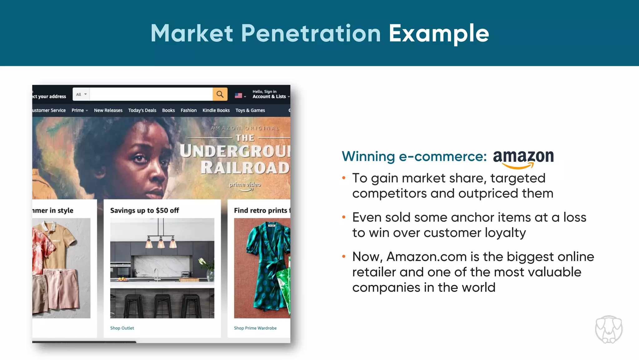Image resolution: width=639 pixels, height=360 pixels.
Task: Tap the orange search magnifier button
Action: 220,94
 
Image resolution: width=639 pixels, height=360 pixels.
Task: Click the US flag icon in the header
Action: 238,96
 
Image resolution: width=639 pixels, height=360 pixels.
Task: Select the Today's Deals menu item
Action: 142,110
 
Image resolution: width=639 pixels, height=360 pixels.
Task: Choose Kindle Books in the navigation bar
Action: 216,110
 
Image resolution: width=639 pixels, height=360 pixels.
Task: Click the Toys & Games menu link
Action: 250,110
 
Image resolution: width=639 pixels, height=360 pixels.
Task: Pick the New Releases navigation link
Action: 108,110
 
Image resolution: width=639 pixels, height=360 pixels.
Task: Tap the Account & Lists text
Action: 269,96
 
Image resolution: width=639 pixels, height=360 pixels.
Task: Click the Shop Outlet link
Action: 122,328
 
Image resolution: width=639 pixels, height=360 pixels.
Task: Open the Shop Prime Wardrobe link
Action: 255,328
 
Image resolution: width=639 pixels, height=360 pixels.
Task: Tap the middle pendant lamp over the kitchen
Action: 161,242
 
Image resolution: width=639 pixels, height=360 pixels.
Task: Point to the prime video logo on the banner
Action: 245,185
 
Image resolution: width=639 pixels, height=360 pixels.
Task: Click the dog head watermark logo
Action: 609,329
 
